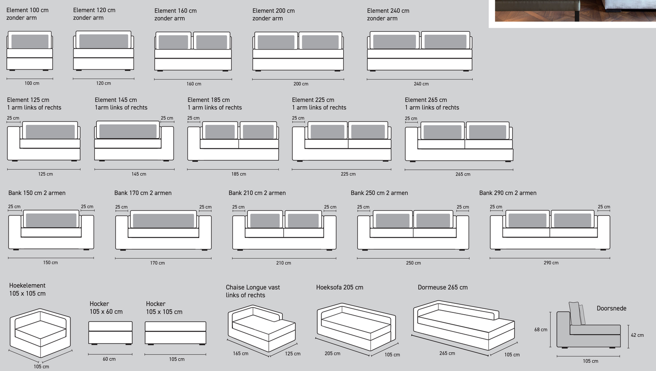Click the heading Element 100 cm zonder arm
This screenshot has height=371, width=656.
point(28,14)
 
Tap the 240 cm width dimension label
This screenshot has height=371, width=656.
point(421,84)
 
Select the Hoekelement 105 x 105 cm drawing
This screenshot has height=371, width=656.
point(40,333)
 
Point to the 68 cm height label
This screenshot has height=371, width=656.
point(541,330)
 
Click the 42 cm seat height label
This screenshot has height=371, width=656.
point(637,335)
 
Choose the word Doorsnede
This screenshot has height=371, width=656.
point(612,308)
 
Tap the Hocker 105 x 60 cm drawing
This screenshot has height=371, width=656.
point(110,333)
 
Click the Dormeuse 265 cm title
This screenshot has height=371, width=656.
point(443,287)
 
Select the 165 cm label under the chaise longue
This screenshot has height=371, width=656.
point(241,354)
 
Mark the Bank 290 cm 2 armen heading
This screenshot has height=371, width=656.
point(508,193)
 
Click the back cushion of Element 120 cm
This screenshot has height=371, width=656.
point(104,41)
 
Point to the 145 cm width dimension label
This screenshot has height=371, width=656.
point(139,174)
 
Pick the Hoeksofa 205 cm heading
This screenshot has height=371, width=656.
point(340,287)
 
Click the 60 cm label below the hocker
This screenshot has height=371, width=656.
point(109,359)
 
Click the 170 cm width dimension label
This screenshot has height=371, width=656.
point(158,263)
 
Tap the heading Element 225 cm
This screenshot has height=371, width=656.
point(313,100)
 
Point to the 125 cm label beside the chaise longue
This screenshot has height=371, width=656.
point(293,354)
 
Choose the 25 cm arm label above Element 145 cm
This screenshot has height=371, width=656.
point(167,118)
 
